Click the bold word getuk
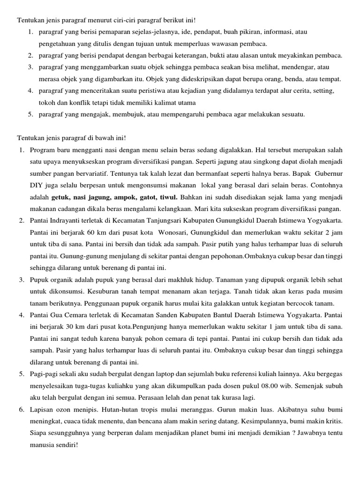click(60, 196)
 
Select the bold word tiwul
click(168, 196)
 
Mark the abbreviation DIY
click(37, 196)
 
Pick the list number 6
click(22, 409)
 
